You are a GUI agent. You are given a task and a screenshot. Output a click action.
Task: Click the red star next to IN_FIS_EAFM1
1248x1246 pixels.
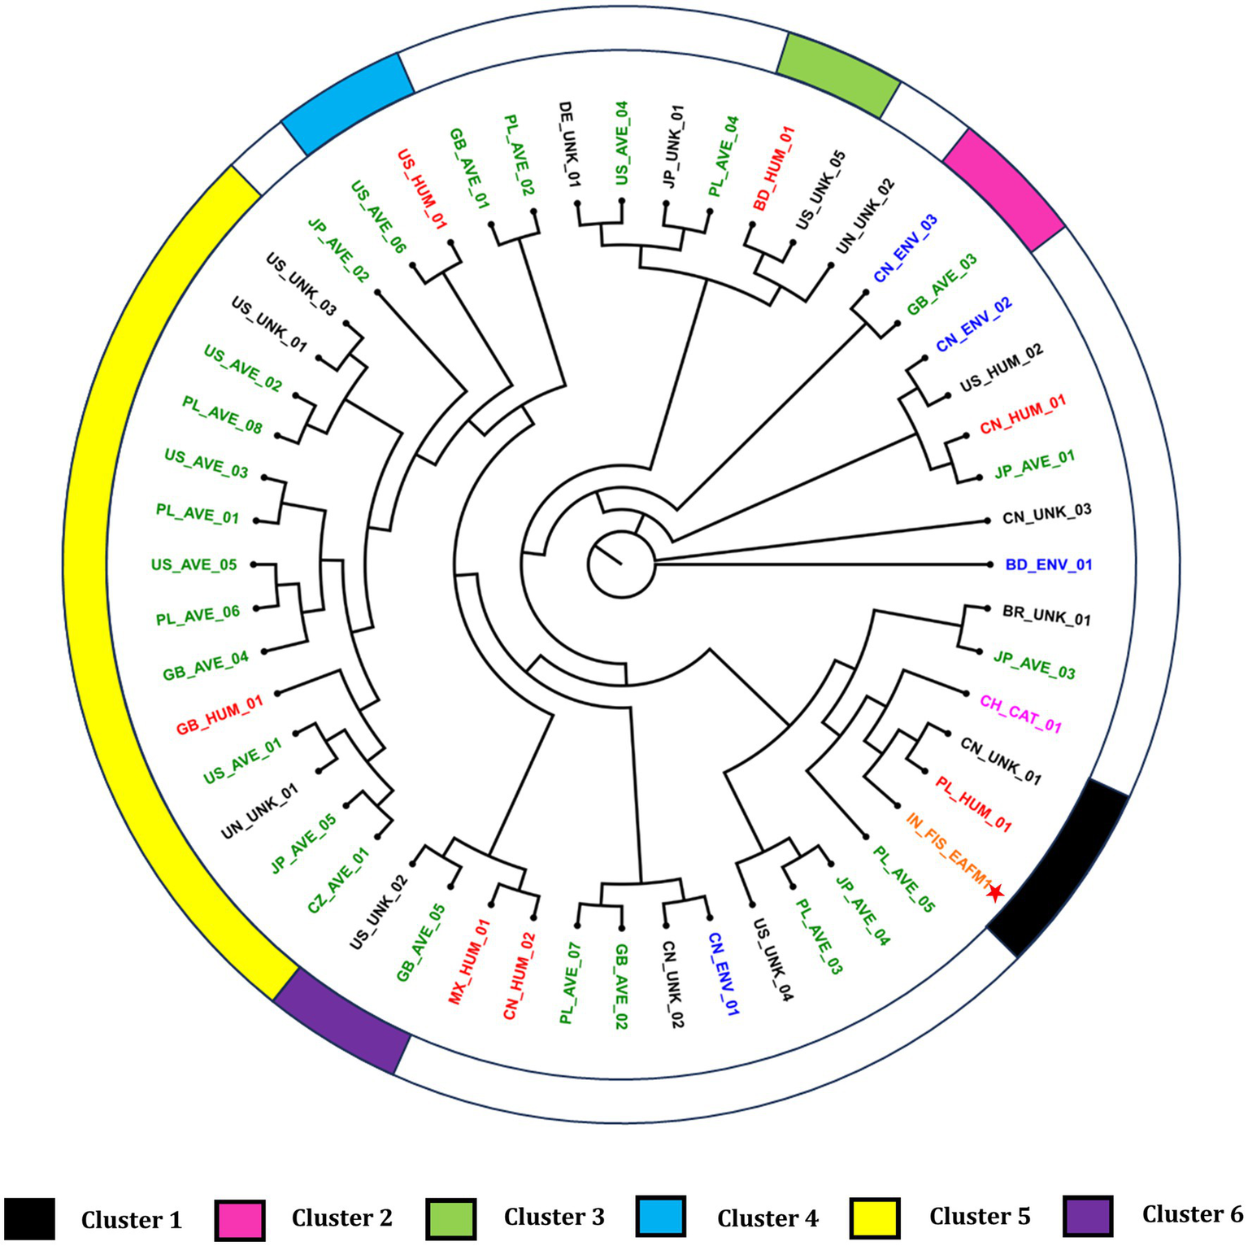click(995, 893)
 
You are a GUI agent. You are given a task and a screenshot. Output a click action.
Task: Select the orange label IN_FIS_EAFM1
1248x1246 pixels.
click(948, 851)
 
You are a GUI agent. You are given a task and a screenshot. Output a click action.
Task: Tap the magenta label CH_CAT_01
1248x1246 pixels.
click(1020, 714)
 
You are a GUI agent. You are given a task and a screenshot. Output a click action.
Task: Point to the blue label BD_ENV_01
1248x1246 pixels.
click(1049, 564)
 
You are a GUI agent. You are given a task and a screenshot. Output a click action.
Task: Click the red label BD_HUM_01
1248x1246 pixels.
click(773, 168)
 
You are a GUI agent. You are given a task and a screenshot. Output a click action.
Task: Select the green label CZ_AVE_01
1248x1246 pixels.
click(338, 880)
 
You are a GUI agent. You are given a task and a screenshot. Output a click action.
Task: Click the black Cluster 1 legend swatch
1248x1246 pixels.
click(29, 1218)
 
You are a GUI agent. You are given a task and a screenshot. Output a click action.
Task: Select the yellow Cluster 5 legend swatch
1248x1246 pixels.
click(874, 1218)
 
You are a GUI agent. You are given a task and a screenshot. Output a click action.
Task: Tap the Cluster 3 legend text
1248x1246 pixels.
click(554, 1218)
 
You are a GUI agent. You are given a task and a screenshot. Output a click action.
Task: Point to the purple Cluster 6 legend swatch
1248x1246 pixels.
click(1088, 1216)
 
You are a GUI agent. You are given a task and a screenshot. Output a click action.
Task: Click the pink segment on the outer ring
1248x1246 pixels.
click(1004, 190)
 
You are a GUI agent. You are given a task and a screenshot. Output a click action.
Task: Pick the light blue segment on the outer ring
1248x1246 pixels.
click(348, 103)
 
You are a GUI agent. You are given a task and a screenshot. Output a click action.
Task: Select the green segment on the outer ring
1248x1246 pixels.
click(838, 75)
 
